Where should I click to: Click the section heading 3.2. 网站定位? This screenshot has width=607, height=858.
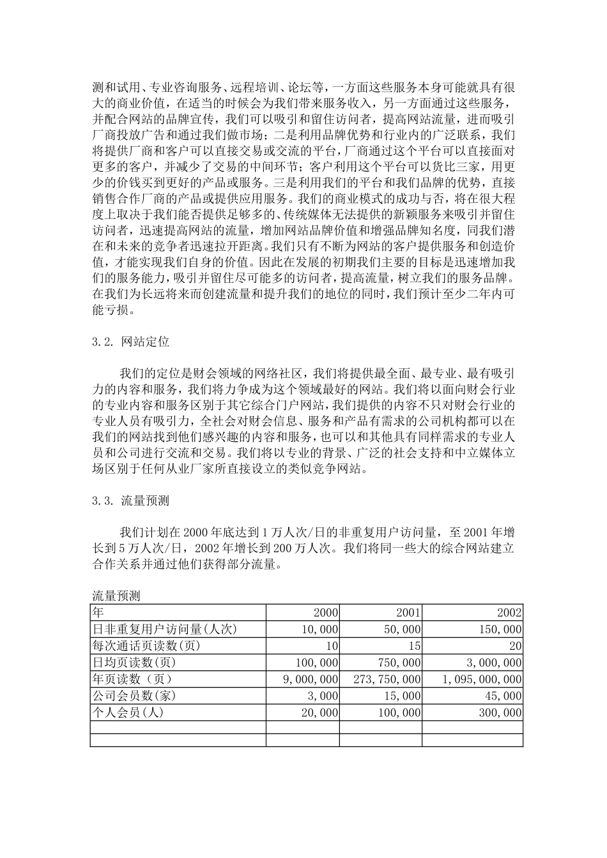coord(131,342)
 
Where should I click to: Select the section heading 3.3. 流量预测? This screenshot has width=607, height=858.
coord(131,500)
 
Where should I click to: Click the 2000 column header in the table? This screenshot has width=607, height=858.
coord(326,613)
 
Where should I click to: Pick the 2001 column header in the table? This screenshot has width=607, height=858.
coord(408,613)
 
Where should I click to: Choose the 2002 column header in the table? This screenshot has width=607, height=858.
coord(509,613)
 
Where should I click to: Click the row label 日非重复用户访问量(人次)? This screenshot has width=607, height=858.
coord(165,629)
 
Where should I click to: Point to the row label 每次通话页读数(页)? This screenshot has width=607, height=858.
coord(147,646)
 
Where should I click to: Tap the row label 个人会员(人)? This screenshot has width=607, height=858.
coord(128,712)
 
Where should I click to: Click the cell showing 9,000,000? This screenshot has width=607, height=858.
coord(311,679)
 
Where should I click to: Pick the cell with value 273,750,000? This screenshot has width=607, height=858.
coord(387,679)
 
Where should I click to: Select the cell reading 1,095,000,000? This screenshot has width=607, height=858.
coord(482,679)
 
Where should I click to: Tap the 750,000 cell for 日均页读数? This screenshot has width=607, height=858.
coord(399,663)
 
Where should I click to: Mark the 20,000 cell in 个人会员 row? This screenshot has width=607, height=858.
coord(319,712)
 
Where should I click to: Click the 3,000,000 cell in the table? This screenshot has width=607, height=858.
coord(491,663)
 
